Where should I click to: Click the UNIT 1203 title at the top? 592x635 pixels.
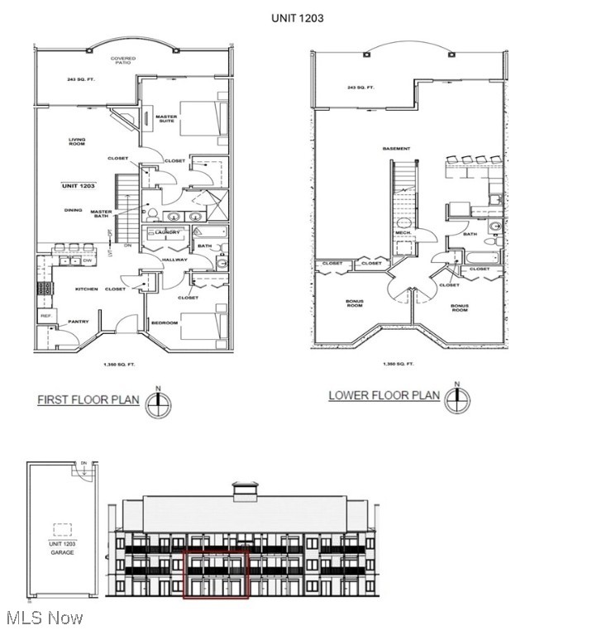point(297,17)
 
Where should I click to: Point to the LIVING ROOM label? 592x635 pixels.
point(77,141)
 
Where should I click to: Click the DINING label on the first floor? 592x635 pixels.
point(74,210)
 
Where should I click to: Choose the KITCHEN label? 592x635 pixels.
point(87,289)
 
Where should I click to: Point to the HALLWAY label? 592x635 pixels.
point(175,260)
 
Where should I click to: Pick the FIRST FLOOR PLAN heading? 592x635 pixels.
point(88,400)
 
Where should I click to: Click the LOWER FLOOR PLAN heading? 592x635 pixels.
point(384,395)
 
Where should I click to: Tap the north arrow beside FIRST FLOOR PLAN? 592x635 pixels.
point(158,402)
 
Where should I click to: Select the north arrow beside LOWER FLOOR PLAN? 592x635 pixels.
point(456,399)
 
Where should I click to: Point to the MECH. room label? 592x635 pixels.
point(403,232)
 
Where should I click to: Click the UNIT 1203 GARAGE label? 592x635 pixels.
point(61,548)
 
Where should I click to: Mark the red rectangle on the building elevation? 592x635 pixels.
point(216,573)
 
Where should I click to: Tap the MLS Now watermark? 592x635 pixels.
point(42,618)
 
